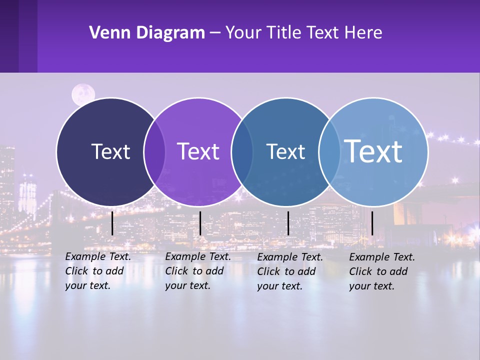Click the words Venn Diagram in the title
(x=147, y=33)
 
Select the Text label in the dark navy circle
(x=110, y=151)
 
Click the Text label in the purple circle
(x=198, y=151)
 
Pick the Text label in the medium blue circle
(x=285, y=151)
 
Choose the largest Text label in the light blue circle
(x=373, y=151)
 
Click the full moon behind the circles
(x=83, y=94)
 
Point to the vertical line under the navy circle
(x=112, y=223)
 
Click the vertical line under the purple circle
(x=200, y=223)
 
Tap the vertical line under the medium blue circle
(x=288, y=223)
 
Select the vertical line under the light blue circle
(x=372, y=223)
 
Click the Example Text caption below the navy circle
(x=98, y=271)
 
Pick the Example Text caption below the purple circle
(x=198, y=271)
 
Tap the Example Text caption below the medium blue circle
(x=290, y=271)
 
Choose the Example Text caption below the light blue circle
(x=382, y=271)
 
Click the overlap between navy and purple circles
(x=154, y=151)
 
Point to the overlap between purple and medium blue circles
(x=242, y=151)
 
